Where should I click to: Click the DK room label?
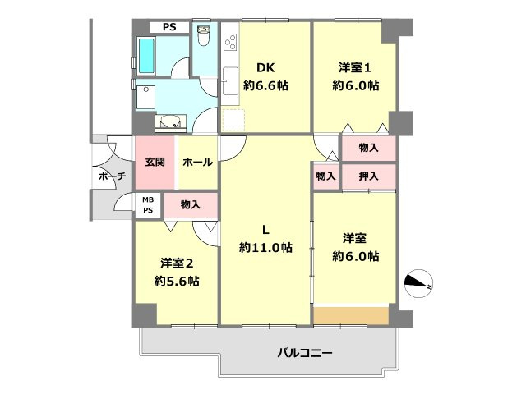[264, 68]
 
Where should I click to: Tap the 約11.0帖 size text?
[265, 247]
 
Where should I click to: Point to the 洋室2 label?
[177, 263]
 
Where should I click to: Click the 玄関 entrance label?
[155, 162]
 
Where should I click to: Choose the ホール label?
[197, 162]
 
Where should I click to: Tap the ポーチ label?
[111, 176]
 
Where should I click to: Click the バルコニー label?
[304, 354]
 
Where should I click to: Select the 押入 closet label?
[368, 176]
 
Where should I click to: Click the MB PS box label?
[148, 204]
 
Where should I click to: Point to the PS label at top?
[168, 27]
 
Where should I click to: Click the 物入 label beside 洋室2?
[190, 204]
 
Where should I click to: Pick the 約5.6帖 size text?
[177, 282]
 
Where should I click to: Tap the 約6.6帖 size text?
[264, 85]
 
